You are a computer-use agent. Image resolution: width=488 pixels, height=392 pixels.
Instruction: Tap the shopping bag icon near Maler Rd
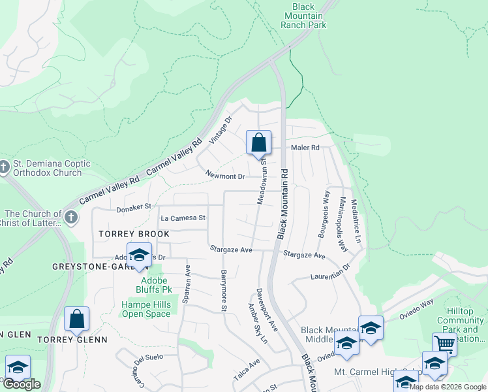tap(258, 142)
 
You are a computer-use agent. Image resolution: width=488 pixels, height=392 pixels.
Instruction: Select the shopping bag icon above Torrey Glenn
tap(76, 319)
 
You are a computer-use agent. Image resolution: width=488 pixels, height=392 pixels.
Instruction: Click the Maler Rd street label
tap(305, 148)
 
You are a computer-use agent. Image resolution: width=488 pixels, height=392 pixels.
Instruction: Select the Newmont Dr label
tap(224, 176)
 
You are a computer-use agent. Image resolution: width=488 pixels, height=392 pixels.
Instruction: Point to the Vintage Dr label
tap(221, 131)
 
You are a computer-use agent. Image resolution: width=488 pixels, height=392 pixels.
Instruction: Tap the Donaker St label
tap(134, 206)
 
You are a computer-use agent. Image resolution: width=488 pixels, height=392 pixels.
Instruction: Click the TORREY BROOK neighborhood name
tap(134, 234)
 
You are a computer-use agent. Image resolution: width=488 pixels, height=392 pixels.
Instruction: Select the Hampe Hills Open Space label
tap(146, 309)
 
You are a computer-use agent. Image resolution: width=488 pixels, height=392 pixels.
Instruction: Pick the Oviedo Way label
tap(418, 306)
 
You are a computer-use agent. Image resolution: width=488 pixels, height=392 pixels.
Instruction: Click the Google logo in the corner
tap(22, 384)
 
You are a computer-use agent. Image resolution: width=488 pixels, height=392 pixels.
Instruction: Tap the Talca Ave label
tap(247, 370)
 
